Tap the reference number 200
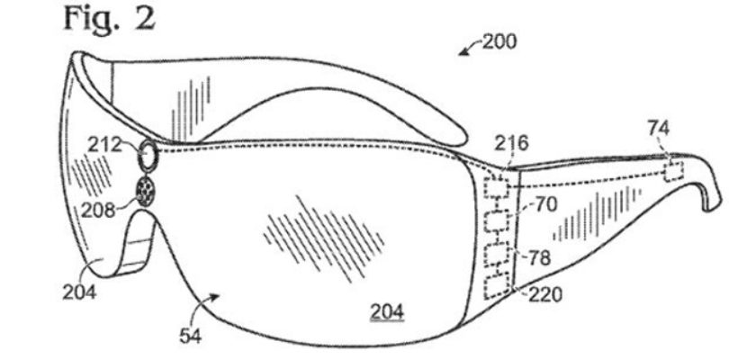click(499, 42)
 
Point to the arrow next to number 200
click(469, 49)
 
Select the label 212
click(104, 146)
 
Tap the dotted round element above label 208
click(146, 192)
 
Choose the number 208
click(97, 211)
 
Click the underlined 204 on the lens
click(387, 312)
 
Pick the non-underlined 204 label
click(79, 293)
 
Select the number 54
click(191, 337)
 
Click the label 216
click(511, 144)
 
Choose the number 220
click(544, 294)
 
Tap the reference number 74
click(658, 129)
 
